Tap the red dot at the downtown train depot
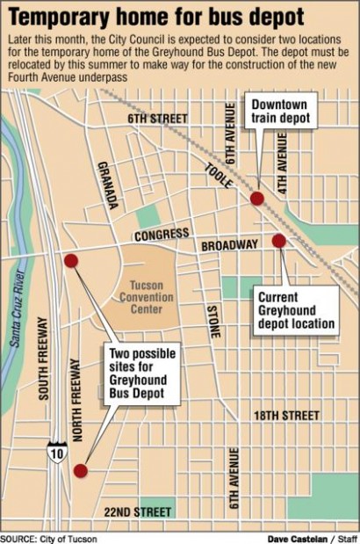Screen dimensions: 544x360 tap(256, 199)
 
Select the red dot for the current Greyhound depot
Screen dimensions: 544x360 tap(278, 241)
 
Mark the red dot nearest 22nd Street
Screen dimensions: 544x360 tap(80, 471)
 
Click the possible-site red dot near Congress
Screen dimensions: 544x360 tap(71, 260)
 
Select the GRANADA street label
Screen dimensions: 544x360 tap(108, 185)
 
